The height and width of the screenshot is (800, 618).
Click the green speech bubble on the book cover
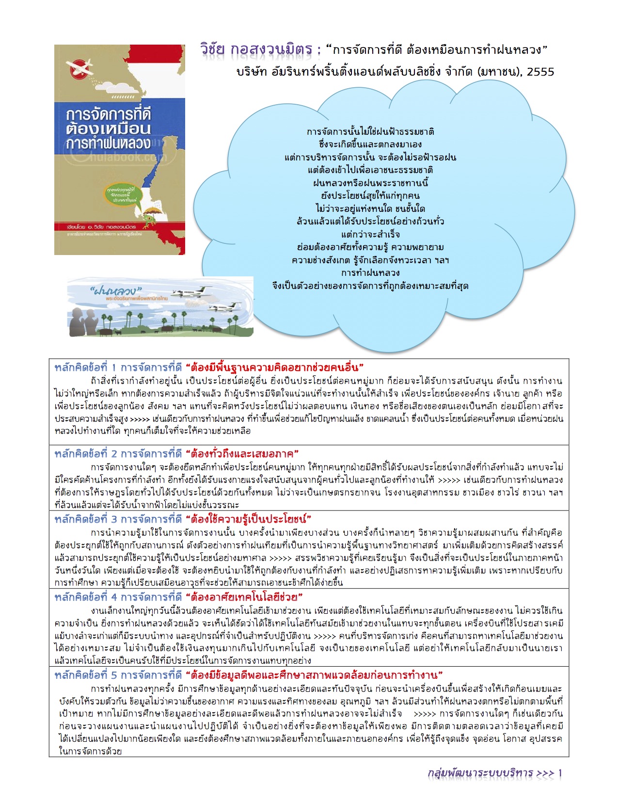(122, 193)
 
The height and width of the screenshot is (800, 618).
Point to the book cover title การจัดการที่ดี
(109, 114)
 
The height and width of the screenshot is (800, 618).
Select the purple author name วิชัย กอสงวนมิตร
(256, 49)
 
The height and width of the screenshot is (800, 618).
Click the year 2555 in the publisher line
(540, 72)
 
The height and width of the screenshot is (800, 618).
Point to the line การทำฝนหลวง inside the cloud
(370, 272)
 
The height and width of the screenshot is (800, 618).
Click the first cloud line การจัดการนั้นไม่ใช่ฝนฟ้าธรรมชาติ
(370, 131)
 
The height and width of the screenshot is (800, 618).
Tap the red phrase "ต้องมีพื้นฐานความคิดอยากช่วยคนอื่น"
(275, 367)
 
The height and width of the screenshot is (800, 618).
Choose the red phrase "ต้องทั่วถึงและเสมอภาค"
(242, 454)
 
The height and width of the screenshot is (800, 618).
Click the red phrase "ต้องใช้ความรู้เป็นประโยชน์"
(248, 519)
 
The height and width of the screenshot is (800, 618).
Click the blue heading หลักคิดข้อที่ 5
(86, 675)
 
